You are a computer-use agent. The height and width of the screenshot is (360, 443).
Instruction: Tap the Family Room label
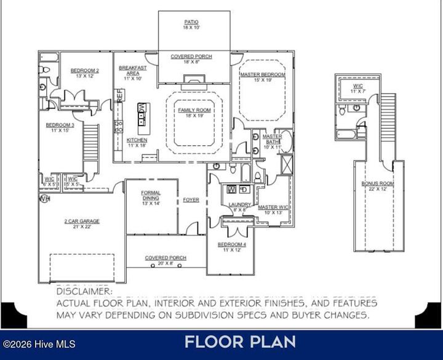click(194, 110)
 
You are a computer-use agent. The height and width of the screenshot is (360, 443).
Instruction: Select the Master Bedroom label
click(263, 74)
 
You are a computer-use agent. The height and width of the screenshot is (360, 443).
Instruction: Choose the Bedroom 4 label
click(231, 244)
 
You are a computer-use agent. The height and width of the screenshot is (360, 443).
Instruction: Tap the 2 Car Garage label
click(81, 221)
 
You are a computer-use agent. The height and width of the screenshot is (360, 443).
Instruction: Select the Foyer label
click(191, 200)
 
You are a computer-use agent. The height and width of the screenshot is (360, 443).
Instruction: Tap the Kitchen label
click(137, 140)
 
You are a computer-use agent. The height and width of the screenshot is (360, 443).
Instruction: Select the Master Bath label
click(272, 139)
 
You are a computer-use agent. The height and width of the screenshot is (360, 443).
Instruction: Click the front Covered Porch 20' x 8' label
click(166, 258)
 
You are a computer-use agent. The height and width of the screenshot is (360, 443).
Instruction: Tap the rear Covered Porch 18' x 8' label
click(191, 57)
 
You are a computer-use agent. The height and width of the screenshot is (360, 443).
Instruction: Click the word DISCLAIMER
click(84, 290)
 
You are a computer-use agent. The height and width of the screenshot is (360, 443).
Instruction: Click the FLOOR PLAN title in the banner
click(240, 342)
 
